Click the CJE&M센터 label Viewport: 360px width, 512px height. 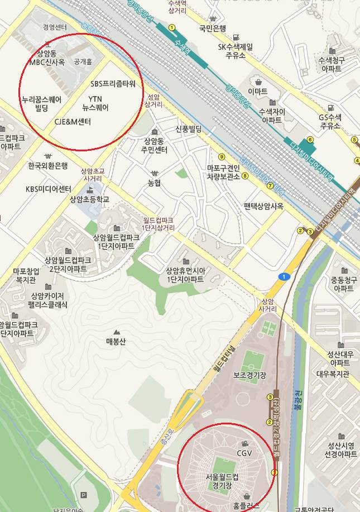[73, 122]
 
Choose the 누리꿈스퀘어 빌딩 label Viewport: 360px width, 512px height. [41, 103]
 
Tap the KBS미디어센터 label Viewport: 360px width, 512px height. [49, 189]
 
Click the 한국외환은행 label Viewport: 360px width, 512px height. [47, 166]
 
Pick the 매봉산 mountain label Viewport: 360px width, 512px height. [116, 341]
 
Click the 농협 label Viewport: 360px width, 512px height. [155, 183]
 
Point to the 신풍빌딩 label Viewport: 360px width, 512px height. [188, 129]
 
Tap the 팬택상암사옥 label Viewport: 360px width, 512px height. [263, 205]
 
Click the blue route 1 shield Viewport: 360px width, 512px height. [284, 276]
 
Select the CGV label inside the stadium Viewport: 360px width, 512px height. [245, 452]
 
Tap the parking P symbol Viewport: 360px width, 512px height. [84, 495]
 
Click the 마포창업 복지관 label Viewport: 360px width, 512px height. [28, 276]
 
